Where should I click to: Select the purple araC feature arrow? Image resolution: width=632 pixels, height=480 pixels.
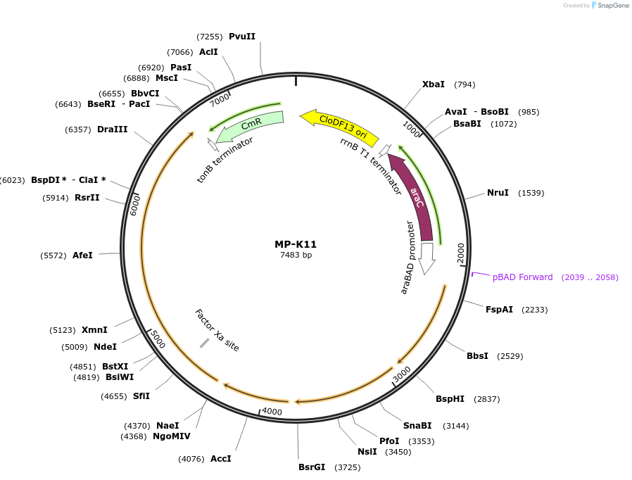pos(415,197)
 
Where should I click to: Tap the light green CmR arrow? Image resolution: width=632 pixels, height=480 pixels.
pos(251,125)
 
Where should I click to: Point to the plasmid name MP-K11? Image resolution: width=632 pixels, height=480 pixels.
pos(296,244)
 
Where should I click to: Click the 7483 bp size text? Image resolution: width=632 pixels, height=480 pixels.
pos(296,255)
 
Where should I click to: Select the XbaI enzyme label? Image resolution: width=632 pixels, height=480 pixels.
pos(434,84)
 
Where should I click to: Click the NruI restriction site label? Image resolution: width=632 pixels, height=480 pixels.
pos(498,193)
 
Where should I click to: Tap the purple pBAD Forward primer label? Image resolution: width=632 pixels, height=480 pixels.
pos(523,277)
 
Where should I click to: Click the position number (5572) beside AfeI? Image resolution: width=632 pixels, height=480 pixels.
pos(53,255)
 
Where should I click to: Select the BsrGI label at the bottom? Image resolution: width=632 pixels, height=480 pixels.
pos(312,467)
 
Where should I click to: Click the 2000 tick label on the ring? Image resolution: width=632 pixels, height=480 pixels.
pos(461,253)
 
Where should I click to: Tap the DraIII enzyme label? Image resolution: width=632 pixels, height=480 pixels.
pos(113,130)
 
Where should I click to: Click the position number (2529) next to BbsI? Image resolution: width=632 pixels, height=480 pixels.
pos(510,356)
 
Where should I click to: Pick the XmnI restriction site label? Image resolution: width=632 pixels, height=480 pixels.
pos(94,330)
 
